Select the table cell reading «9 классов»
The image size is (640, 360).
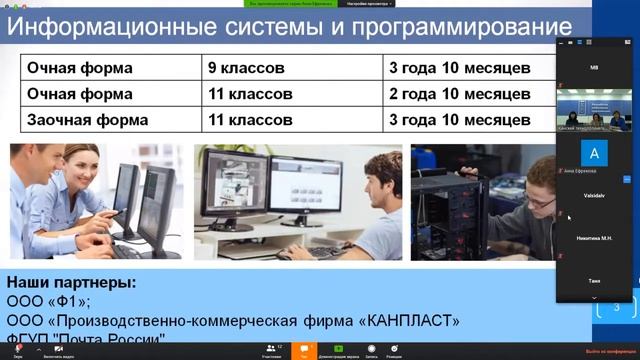pyautogui.click(x=246, y=69)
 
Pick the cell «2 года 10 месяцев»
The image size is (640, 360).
pyautogui.click(x=460, y=94)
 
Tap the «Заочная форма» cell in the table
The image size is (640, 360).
pyautogui.click(x=80, y=119)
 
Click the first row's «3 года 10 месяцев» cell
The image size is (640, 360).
pyautogui.click(x=460, y=69)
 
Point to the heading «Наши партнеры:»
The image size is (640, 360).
pyautogui.click(x=71, y=283)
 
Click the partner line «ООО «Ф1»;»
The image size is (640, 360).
pyautogui.click(x=49, y=302)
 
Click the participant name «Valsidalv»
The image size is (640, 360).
pyautogui.click(x=594, y=197)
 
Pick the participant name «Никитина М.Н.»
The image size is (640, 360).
pyautogui.click(x=594, y=238)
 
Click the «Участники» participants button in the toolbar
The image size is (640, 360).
pyautogui.click(x=271, y=349)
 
